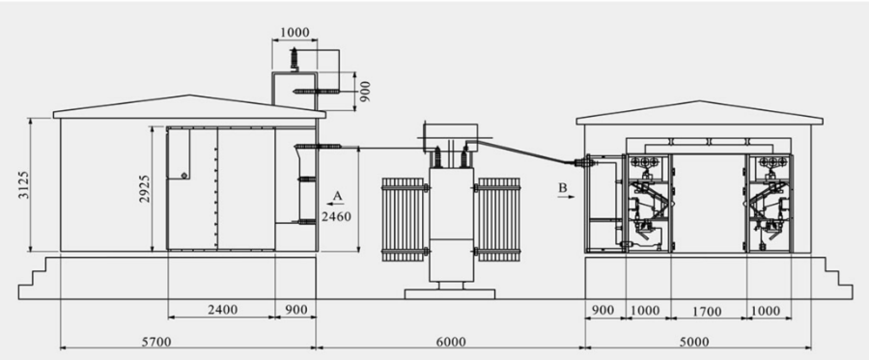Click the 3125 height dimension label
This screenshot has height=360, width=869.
pyautogui.click(x=24, y=184)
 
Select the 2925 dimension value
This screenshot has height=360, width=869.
pyautogui.click(x=145, y=188)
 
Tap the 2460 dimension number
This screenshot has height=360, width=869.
pyautogui.click(x=336, y=216)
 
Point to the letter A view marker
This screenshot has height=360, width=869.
pyautogui.click(x=338, y=196)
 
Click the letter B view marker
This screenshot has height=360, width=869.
pyautogui.click(x=563, y=188)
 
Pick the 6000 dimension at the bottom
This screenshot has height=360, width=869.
pyautogui.click(x=451, y=342)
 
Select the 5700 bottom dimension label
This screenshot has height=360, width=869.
pyautogui.click(x=156, y=342)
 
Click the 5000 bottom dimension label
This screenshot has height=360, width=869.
pyautogui.click(x=694, y=342)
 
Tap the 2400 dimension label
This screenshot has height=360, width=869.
pyautogui.click(x=222, y=310)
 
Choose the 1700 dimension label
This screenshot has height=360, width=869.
pyautogui.click(x=707, y=312)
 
